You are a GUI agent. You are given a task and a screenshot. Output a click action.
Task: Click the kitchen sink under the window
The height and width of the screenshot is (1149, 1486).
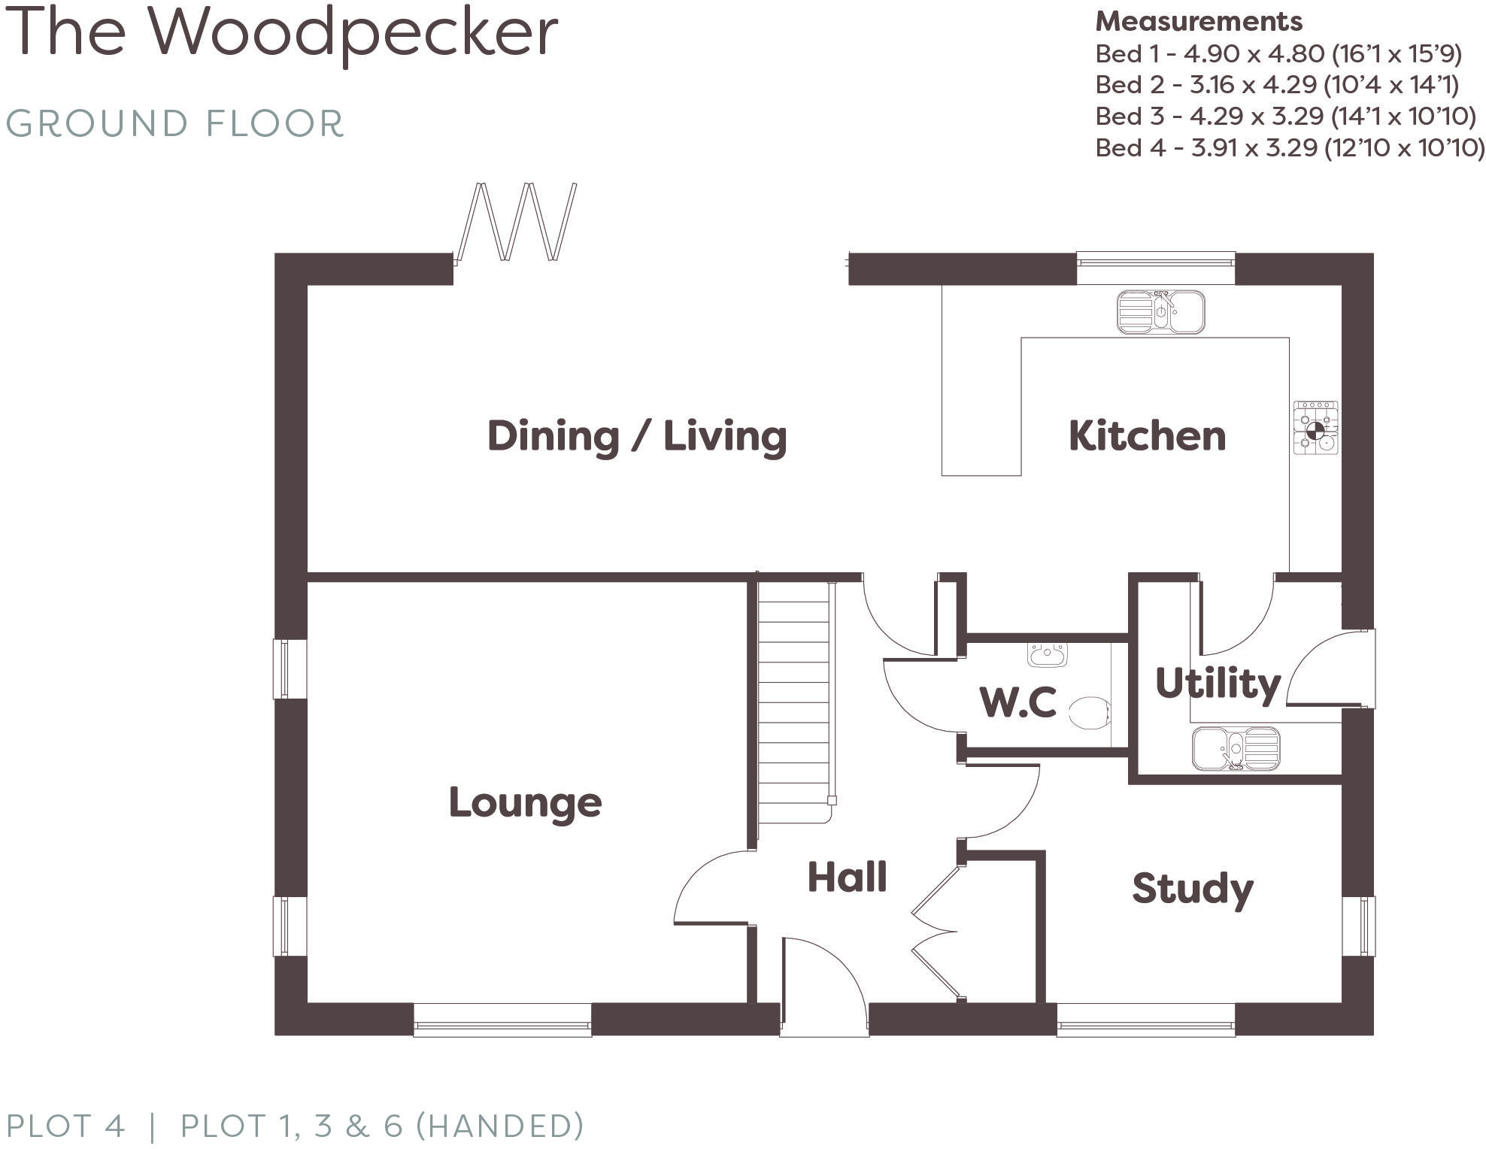1160,311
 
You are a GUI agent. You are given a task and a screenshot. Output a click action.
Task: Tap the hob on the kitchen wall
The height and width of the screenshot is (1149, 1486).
1315,427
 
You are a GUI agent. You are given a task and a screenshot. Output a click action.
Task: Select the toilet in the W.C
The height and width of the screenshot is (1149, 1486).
1090,712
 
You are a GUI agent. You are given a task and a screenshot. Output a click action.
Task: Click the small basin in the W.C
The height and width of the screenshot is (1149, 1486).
1047,654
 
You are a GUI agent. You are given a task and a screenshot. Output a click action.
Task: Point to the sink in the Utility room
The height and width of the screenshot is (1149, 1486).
1236,748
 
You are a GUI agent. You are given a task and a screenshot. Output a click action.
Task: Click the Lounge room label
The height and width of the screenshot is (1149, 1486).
525,802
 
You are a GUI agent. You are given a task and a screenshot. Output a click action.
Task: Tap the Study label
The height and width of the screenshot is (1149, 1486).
1192,889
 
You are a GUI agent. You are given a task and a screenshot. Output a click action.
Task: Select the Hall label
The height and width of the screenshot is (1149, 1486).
847,877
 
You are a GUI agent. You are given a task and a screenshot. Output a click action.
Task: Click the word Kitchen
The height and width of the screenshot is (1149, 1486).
1147,436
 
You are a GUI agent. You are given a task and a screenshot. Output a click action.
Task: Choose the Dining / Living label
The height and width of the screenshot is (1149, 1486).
637,436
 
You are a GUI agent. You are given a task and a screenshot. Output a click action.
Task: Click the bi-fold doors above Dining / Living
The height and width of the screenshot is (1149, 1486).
517,222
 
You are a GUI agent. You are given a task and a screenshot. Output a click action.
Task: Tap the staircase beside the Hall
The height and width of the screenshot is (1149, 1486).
793,699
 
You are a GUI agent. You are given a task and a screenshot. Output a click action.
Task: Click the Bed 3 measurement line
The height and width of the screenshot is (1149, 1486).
1284,117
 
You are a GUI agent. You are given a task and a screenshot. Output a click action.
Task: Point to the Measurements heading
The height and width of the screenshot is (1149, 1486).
1198,22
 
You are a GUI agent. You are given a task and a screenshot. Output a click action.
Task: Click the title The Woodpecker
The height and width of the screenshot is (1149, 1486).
281,34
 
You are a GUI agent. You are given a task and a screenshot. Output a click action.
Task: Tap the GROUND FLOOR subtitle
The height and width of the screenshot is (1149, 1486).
174,124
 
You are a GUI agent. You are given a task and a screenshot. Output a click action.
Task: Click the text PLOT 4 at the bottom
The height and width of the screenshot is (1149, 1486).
65,1126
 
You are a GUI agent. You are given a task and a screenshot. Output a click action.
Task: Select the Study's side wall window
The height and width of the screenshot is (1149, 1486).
1359,926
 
